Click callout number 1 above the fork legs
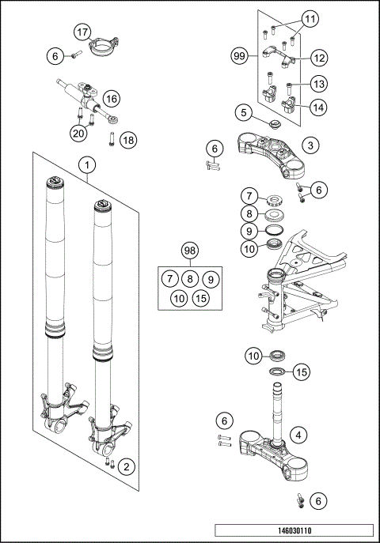87,166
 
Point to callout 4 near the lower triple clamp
298,434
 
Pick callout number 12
319,58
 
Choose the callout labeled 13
318,84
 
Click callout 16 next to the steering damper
110,98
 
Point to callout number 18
128,140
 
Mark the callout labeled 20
78,133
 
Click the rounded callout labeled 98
188,251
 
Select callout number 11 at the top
310,17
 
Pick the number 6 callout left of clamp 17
54,56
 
